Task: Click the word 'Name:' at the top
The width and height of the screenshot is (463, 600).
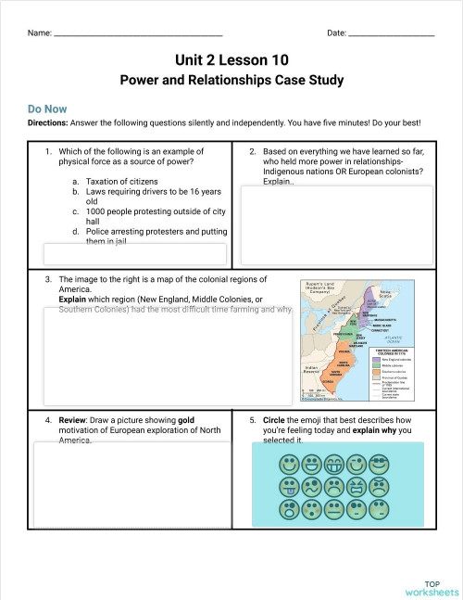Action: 39,33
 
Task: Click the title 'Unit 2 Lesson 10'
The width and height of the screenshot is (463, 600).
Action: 231,59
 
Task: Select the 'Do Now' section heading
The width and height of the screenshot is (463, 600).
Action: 46,108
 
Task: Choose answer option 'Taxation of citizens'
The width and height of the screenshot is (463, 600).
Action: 121,182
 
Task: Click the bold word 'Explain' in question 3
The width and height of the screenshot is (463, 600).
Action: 73,300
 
